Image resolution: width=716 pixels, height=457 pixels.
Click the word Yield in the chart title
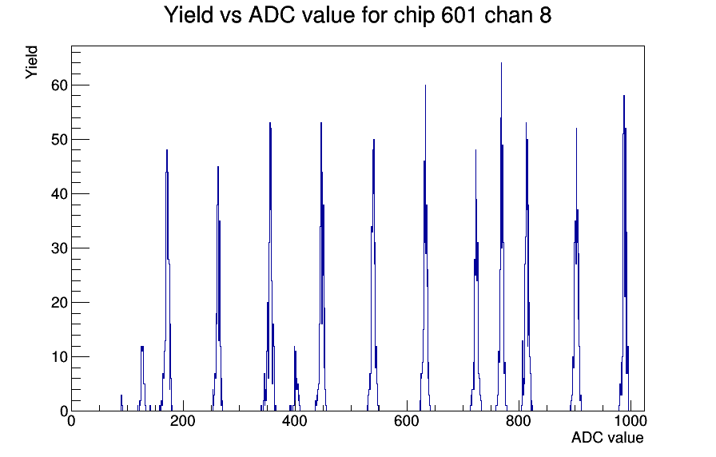tap(189, 15)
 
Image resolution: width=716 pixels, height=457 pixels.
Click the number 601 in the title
tap(459, 15)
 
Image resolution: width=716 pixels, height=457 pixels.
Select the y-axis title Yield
tap(31, 62)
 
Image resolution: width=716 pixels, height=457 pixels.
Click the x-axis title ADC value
tap(607, 437)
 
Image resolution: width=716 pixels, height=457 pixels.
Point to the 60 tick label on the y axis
tap(59, 85)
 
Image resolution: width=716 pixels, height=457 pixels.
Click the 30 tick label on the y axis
tap(59, 248)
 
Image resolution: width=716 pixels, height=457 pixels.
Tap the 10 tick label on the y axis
tap(59, 357)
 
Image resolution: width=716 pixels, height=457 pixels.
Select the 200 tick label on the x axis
tap(183, 420)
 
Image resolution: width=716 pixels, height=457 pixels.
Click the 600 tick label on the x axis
tap(407, 420)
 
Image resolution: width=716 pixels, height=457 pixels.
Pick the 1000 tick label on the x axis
tap(630, 420)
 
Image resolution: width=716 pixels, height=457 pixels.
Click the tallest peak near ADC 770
tap(501, 63)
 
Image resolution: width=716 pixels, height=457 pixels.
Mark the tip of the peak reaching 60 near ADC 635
tap(425, 85)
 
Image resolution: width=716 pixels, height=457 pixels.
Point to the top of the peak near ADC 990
tap(624, 96)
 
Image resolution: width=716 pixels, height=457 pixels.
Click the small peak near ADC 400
tap(295, 347)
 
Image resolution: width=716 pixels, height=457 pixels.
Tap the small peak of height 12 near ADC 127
tap(142, 347)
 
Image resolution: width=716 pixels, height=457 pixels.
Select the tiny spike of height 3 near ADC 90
tap(121, 395)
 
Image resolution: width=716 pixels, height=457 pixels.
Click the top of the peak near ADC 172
tap(167, 150)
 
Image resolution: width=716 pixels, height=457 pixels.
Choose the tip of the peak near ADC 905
tap(576, 129)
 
